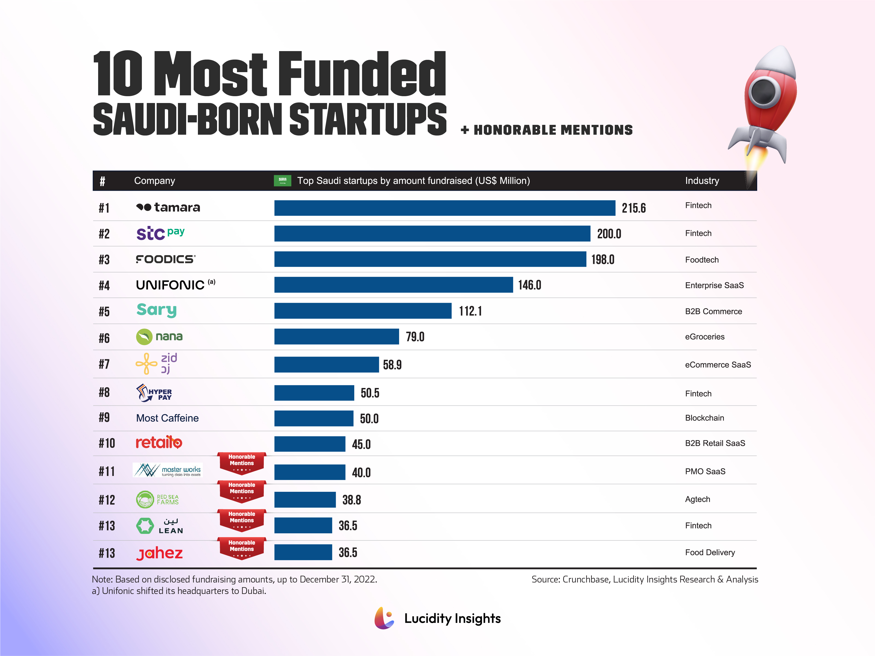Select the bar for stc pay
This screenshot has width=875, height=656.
coord(432,233)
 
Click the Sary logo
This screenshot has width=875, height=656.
coord(156,310)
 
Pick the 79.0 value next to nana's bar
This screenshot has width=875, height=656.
coord(415,337)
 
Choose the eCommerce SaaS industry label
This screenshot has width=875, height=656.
coord(718,364)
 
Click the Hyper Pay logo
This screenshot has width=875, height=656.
coord(154,393)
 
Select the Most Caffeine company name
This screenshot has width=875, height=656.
coord(167,418)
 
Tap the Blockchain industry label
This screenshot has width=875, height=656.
coord(704,418)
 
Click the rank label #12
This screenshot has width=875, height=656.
coord(106,500)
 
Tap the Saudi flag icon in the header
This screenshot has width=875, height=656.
coord(282,181)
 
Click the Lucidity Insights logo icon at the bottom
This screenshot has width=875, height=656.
coord(384,618)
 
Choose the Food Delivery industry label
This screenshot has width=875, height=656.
coord(710,552)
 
